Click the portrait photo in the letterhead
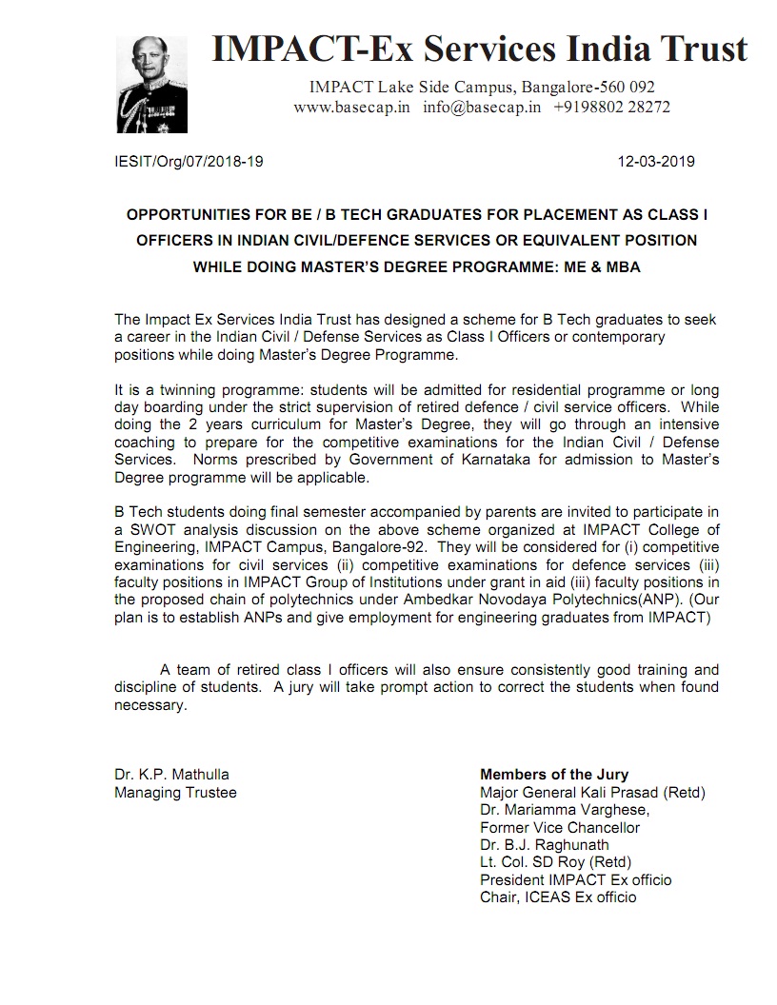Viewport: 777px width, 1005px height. (151, 87)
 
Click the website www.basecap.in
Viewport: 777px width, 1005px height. (351, 108)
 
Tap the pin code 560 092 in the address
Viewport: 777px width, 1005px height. (625, 88)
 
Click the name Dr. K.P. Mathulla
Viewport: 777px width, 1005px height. (171, 775)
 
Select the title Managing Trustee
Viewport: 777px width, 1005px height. (175, 792)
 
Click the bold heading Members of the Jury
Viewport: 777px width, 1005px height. (554, 775)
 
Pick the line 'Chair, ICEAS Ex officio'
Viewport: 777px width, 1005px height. (558, 897)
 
